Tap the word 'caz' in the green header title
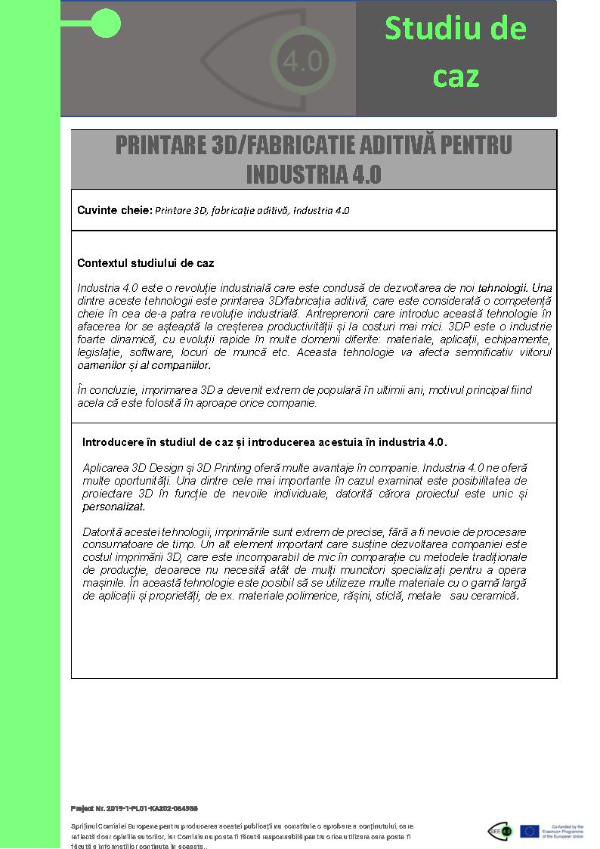456,76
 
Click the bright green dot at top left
106,24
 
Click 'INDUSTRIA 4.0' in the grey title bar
314,175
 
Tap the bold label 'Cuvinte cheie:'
115,210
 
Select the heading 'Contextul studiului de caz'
145,263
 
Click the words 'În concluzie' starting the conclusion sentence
107,390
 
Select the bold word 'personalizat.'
113,507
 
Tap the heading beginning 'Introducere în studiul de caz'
264,442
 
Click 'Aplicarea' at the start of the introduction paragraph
105,468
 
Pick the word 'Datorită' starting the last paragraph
103,532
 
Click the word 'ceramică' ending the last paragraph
496,596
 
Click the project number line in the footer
134,808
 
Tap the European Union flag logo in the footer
529,831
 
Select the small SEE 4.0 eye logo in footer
499,831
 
